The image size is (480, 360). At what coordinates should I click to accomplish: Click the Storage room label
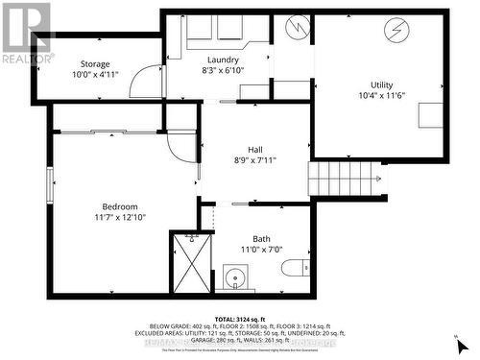coord(95,64)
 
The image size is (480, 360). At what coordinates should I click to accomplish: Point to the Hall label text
coord(255,149)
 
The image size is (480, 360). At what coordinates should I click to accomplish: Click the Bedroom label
coord(121,206)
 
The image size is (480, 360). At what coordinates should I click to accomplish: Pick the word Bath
coord(262,239)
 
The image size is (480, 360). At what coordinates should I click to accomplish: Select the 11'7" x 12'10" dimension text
coord(121,219)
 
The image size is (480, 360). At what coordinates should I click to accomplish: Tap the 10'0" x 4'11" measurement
coord(95,75)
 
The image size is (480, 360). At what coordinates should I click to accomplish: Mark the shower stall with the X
coord(191,262)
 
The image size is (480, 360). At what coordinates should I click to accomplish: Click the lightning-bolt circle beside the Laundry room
coord(299,29)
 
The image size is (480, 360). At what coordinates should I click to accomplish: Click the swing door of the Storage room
coord(144,82)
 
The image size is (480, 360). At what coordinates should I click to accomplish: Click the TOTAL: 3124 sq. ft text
coord(240,318)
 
